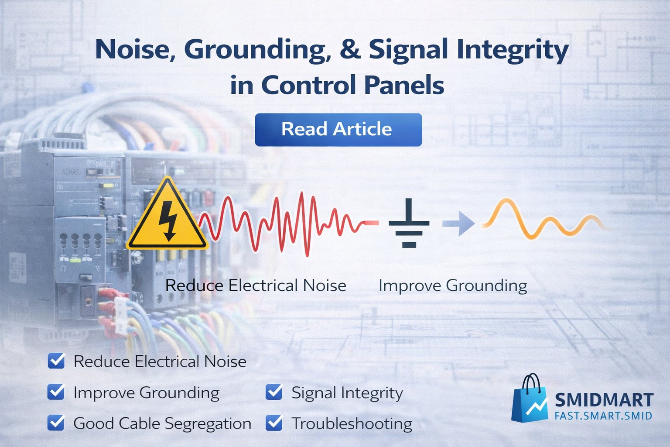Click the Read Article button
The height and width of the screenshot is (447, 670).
[338, 130]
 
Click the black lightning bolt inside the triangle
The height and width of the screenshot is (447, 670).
[167, 220]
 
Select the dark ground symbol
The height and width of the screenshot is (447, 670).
[409, 223]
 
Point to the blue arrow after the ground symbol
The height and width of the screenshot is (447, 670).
[458, 223]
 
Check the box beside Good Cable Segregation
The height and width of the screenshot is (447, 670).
[56, 423]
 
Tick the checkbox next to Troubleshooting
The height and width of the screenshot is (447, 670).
[274, 423]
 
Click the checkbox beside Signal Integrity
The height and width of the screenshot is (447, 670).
[274, 392]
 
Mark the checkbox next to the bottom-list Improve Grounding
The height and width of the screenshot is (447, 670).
[56, 392]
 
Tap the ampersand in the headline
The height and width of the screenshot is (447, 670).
[350, 49]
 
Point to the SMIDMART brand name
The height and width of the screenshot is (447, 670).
[604, 400]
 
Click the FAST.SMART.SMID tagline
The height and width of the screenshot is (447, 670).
[603, 416]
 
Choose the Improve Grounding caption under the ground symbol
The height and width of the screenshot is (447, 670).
[453, 285]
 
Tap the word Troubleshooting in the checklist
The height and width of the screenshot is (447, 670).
[352, 423]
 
